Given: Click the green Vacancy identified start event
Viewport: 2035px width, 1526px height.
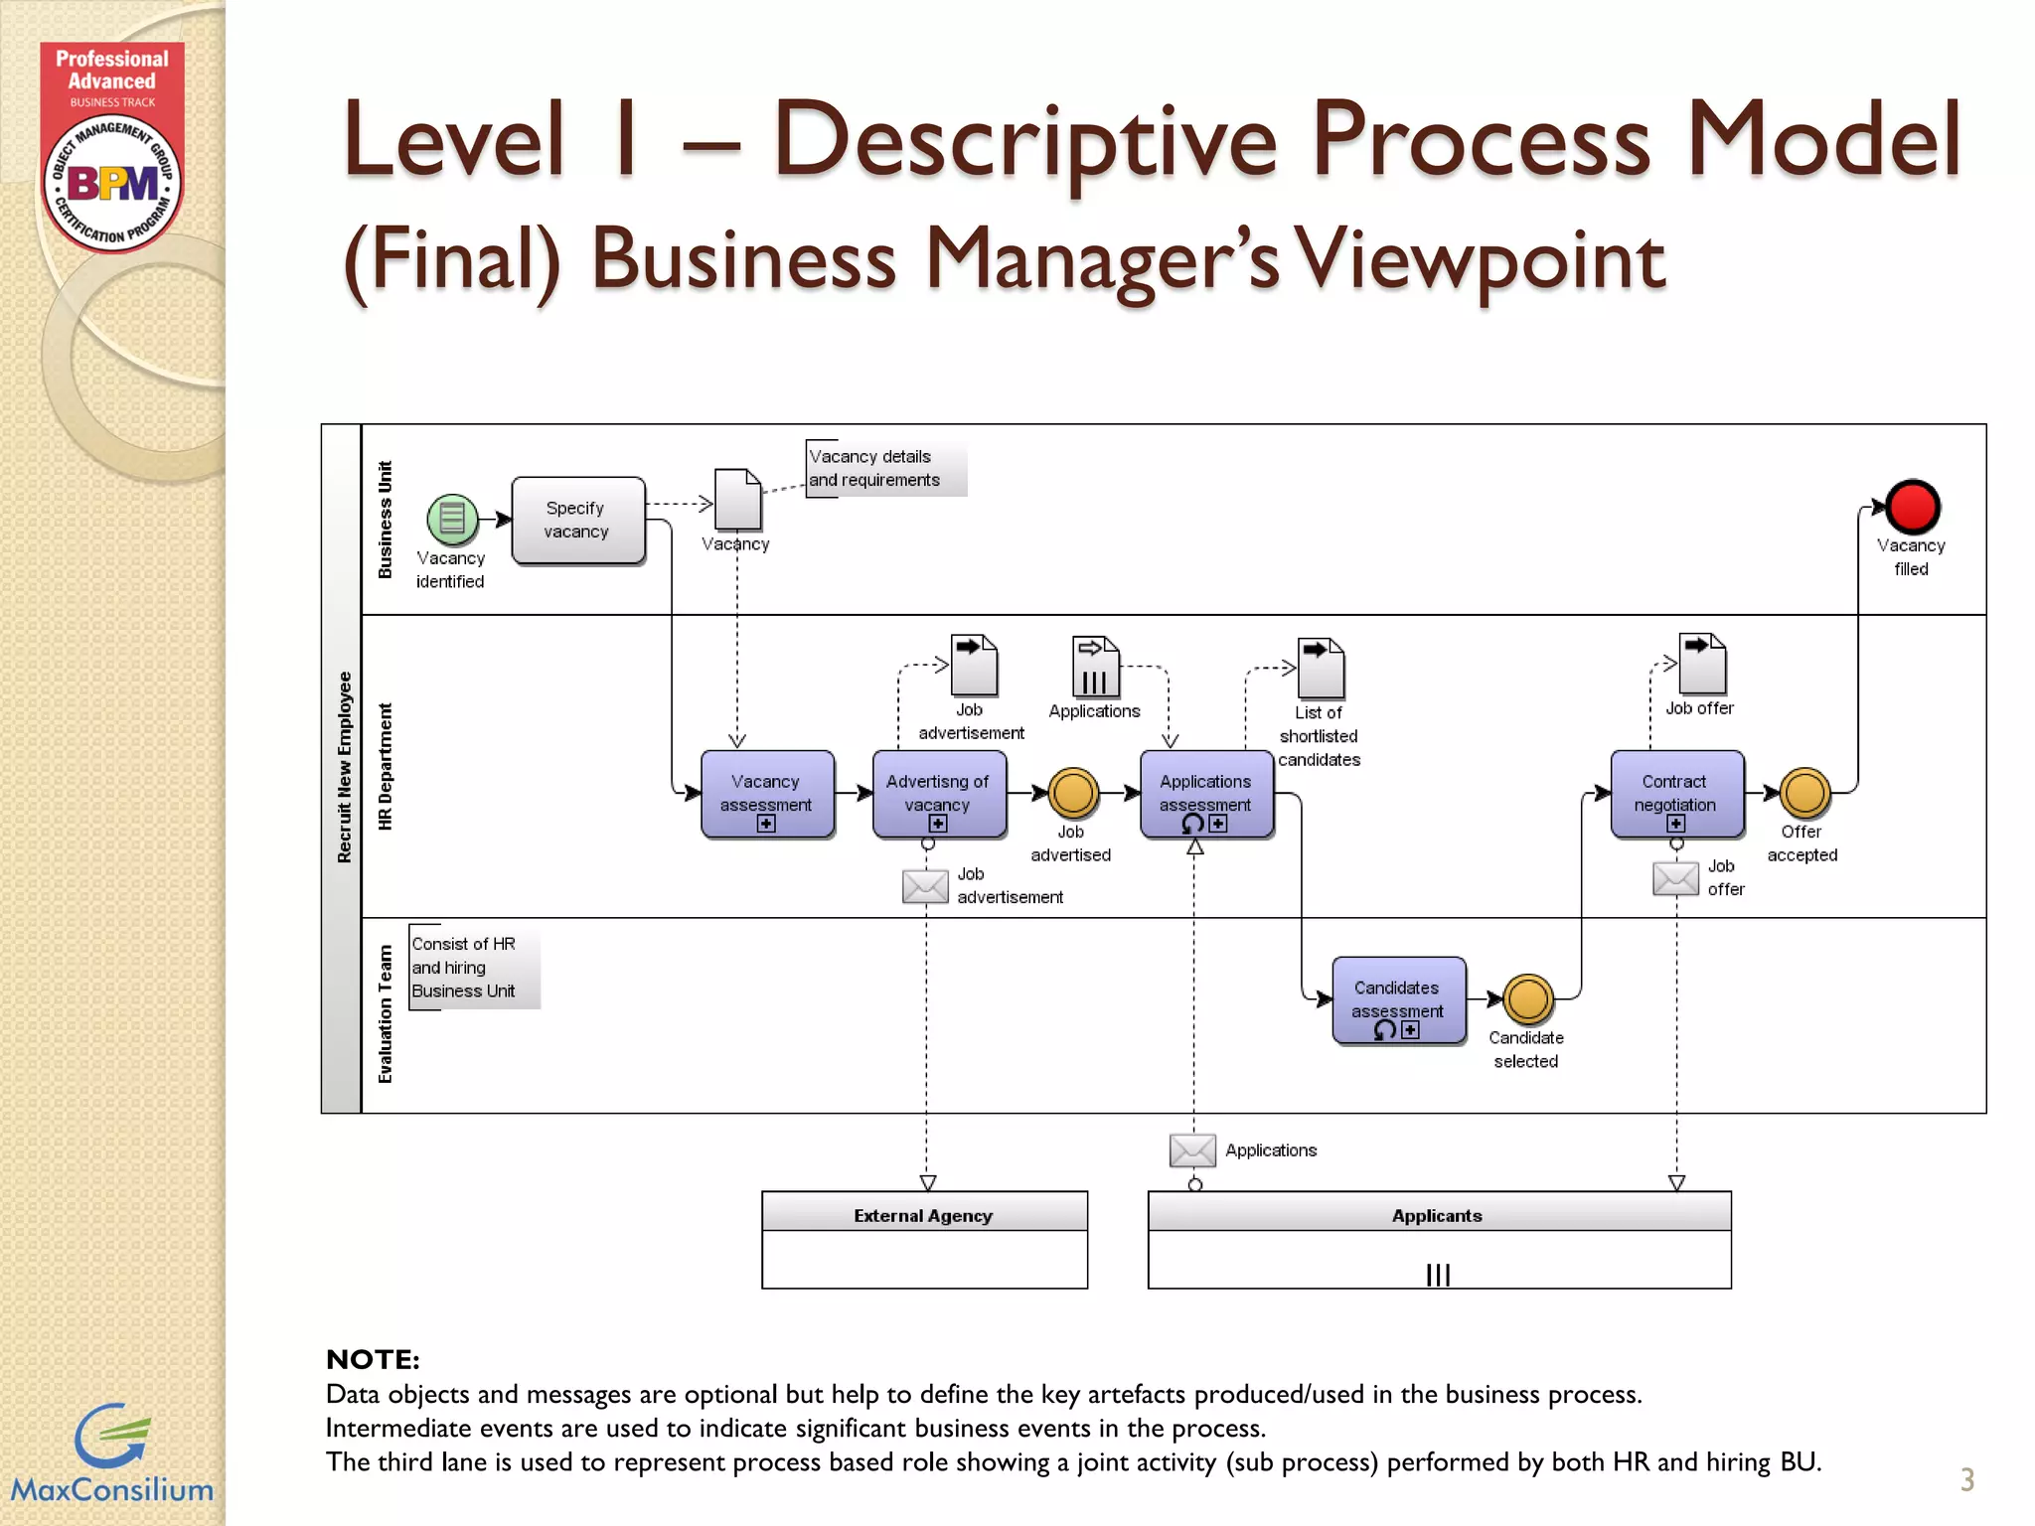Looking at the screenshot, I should [452, 519].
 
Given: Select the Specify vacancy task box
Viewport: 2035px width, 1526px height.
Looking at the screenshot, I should [577, 521].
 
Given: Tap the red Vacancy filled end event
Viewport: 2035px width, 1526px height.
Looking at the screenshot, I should [1912, 507].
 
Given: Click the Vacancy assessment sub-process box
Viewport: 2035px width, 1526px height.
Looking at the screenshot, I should [766, 794].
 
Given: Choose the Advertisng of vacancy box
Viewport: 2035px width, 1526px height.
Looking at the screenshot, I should [938, 794].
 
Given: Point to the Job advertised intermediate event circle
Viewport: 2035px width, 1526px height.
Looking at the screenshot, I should [1072, 793].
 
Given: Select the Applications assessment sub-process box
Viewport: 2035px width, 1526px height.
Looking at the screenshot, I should [1205, 794].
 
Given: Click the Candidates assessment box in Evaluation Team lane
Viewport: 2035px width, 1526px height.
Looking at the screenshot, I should [1397, 999].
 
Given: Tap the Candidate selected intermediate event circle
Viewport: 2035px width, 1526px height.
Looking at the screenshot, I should [1527, 999].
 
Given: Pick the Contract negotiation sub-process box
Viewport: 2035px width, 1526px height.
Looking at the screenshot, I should [1675, 794].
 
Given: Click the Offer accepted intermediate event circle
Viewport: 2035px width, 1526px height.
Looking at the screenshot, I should [1803, 793].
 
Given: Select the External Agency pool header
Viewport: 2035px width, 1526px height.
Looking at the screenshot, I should [923, 1214].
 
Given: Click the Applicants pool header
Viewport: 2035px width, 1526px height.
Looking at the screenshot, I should [1437, 1214].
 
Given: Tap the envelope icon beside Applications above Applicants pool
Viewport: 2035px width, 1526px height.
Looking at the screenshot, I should [1191, 1150].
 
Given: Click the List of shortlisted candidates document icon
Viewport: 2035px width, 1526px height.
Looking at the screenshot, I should [1321, 669].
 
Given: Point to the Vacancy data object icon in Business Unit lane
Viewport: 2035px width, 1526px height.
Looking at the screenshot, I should [738, 500].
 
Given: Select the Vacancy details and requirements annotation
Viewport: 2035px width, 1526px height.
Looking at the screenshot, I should [874, 468].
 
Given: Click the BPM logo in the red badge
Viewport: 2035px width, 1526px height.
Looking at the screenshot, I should [112, 184].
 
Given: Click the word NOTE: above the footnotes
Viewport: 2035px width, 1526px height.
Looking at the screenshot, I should [373, 1359].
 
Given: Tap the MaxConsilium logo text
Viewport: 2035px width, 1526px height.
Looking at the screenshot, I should [111, 1489].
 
